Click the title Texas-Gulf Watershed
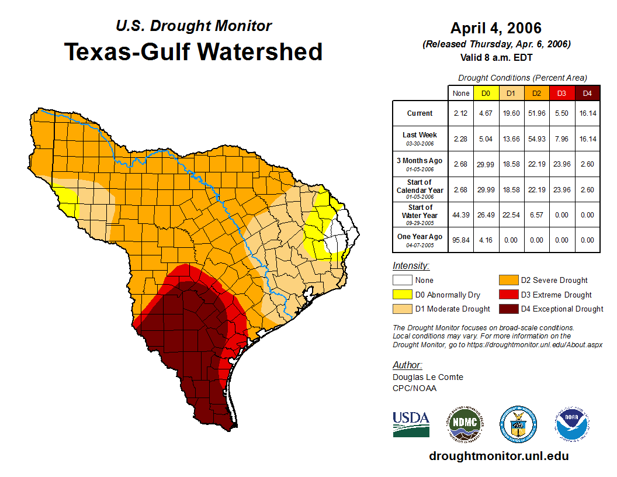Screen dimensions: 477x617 (x=193, y=51)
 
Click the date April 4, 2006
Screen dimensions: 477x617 (x=496, y=28)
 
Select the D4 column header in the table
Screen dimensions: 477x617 (x=587, y=93)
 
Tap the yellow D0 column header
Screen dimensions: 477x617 (x=486, y=93)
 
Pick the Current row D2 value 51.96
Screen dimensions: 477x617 (x=536, y=113)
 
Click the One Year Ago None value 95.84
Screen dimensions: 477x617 (x=460, y=240)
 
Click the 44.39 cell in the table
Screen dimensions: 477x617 (x=460, y=215)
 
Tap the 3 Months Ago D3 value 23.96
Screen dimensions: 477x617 (x=561, y=164)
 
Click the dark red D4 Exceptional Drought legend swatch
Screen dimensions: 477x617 (x=508, y=309)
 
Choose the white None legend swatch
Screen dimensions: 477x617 (x=401, y=281)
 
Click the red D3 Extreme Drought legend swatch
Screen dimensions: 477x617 (x=508, y=295)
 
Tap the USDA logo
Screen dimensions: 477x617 (x=411, y=424)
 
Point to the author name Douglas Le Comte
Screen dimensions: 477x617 (x=428, y=377)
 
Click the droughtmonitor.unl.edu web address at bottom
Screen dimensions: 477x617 (x=498, y=456)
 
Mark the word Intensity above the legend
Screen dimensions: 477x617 (x=411, y=266)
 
